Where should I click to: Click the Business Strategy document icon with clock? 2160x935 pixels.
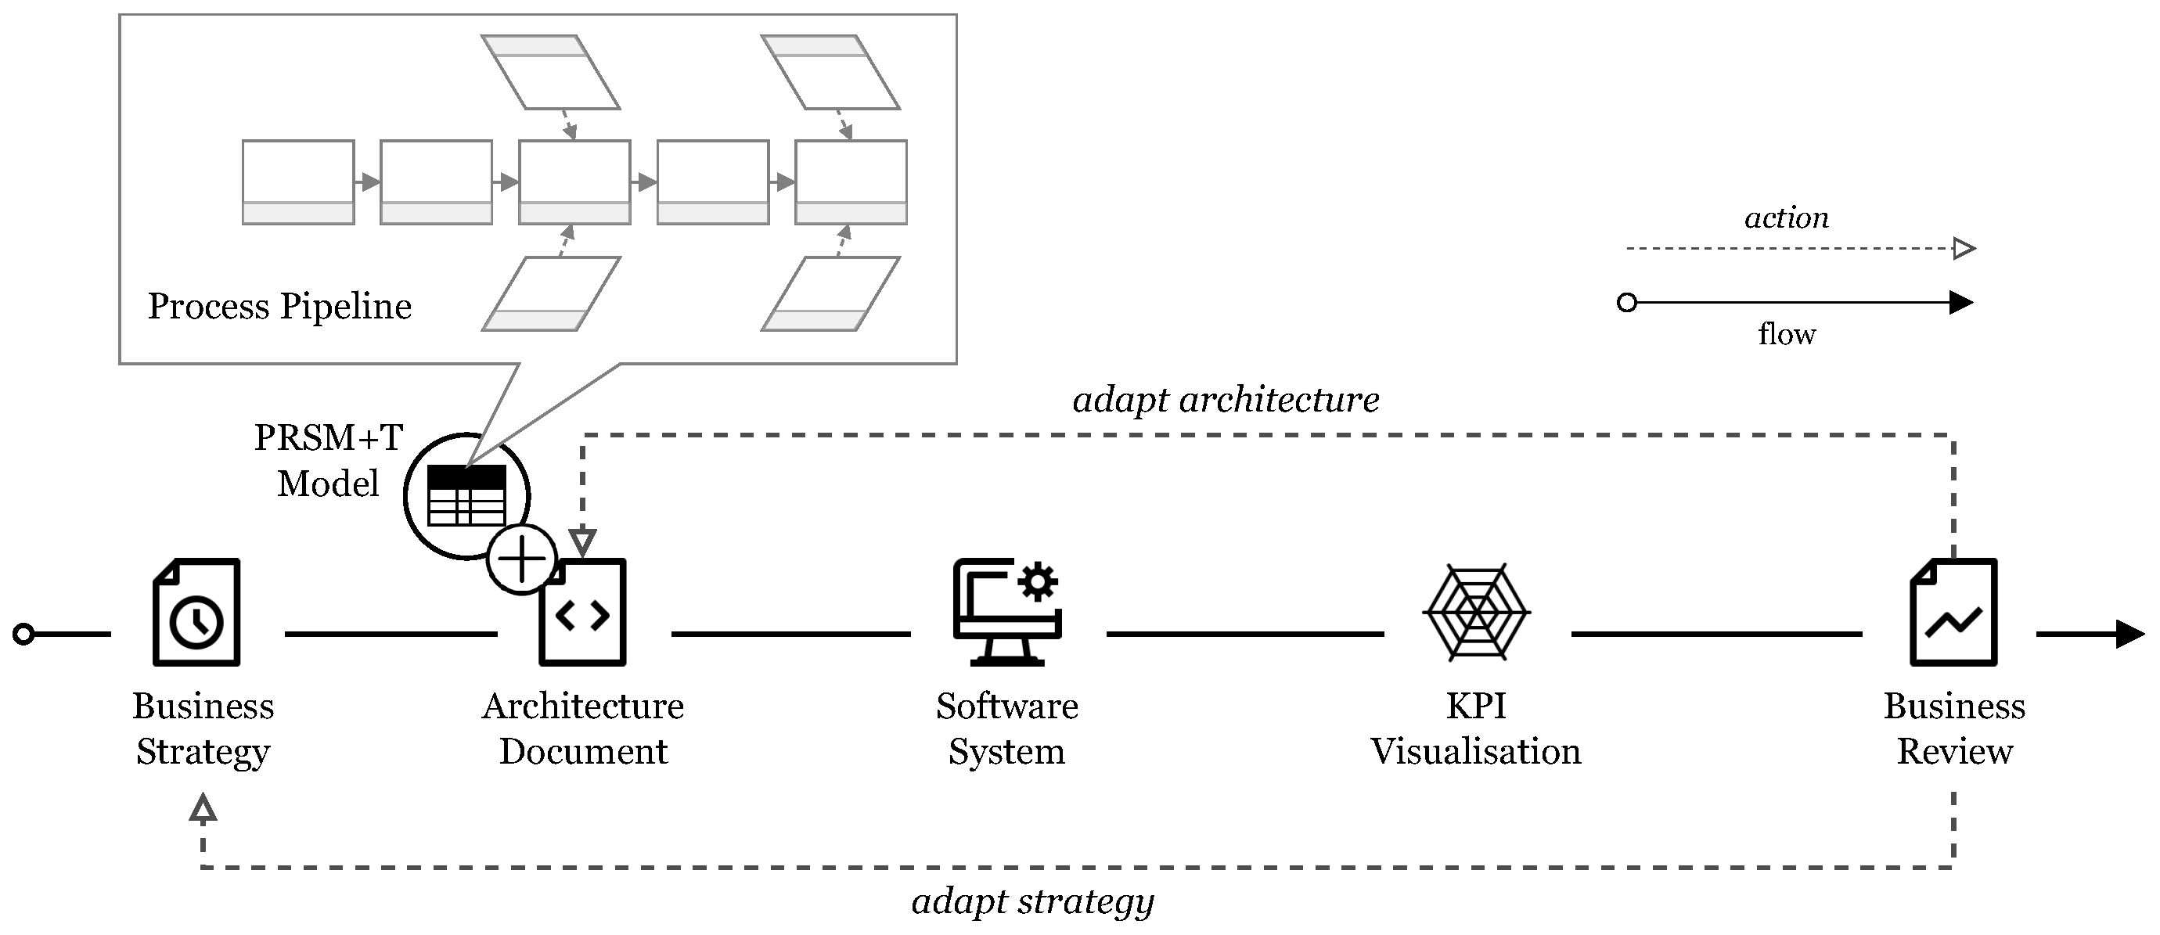click(x=196, y=612)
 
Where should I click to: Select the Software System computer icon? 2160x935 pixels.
click(x=1007, y=612)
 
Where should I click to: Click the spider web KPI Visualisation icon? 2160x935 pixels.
click(x=1476, y=612)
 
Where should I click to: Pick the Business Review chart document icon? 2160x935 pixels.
click(x=1953, y=612)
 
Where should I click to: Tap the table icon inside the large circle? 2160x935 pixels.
click(x=467, y=495)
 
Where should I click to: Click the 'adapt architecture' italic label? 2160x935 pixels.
click(x=1225, y=400)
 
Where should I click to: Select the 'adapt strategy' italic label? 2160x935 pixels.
click(x=1032, y=901)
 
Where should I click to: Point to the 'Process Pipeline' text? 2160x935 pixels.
click(x=279, y=306)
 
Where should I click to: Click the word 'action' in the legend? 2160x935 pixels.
click(x=1786, y=218)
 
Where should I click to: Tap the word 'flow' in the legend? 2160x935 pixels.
click(x=1786, y=335)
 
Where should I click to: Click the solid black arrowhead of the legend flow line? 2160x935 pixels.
click(x=1961, y=303)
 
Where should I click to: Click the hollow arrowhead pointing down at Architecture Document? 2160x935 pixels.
click(x=583, y=541)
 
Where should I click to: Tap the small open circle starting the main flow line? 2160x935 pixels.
click(x=24, y=634)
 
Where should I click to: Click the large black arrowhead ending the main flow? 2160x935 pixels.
click(x=2129, y=634)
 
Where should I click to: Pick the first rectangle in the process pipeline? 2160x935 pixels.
click(x=297, y=182)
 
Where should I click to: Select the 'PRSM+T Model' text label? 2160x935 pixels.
click(x=328, y=460)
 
